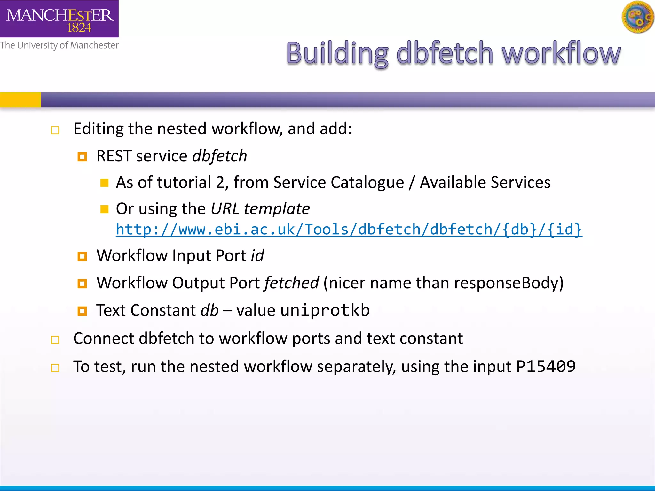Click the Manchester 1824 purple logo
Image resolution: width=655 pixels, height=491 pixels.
(x=59, y=19)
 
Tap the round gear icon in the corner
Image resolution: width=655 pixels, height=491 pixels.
(x=638, y=17)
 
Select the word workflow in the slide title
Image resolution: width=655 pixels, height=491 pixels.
(x=561, y=53)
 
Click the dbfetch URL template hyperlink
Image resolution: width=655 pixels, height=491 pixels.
(x=349, y=230)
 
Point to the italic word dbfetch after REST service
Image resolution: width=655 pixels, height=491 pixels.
(x=220, y=156)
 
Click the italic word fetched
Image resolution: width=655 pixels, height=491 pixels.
(x=291, y=283)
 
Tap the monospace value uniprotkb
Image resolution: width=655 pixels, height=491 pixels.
(x=325, y=310)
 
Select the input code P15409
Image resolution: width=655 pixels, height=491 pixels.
(x=546, y=366)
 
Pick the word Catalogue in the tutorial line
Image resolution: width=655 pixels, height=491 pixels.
(x=367, y=183)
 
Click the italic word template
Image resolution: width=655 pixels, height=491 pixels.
(x=277, y=209)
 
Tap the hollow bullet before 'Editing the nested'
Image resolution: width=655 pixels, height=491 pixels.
(x=55, y=130)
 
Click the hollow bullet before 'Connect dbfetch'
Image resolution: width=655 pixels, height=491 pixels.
(x=55, y=340)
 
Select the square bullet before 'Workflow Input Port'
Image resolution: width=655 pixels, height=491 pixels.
(x=82, y=256)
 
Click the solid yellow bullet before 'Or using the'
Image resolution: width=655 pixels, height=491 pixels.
(x=104, y=209)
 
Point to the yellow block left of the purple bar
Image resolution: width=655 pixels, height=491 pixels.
(x=20, y=100)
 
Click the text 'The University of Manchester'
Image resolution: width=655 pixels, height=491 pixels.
(x=59, y=45)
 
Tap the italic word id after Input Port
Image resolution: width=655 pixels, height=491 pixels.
(x=257, y=256)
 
